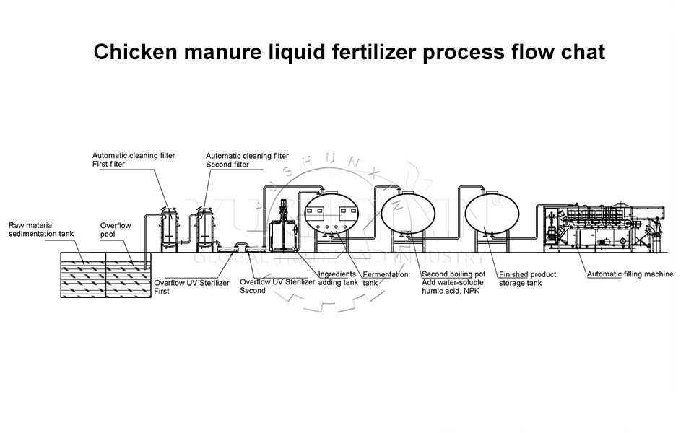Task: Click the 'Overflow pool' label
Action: click(116, 229)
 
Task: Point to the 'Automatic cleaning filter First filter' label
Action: click(134, 159)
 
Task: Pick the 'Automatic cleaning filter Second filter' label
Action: click(247, 160)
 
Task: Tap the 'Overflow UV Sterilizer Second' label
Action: click(277, 286)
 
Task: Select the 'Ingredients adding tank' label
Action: click(338, 279)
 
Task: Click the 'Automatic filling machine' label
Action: click(630, 274)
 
